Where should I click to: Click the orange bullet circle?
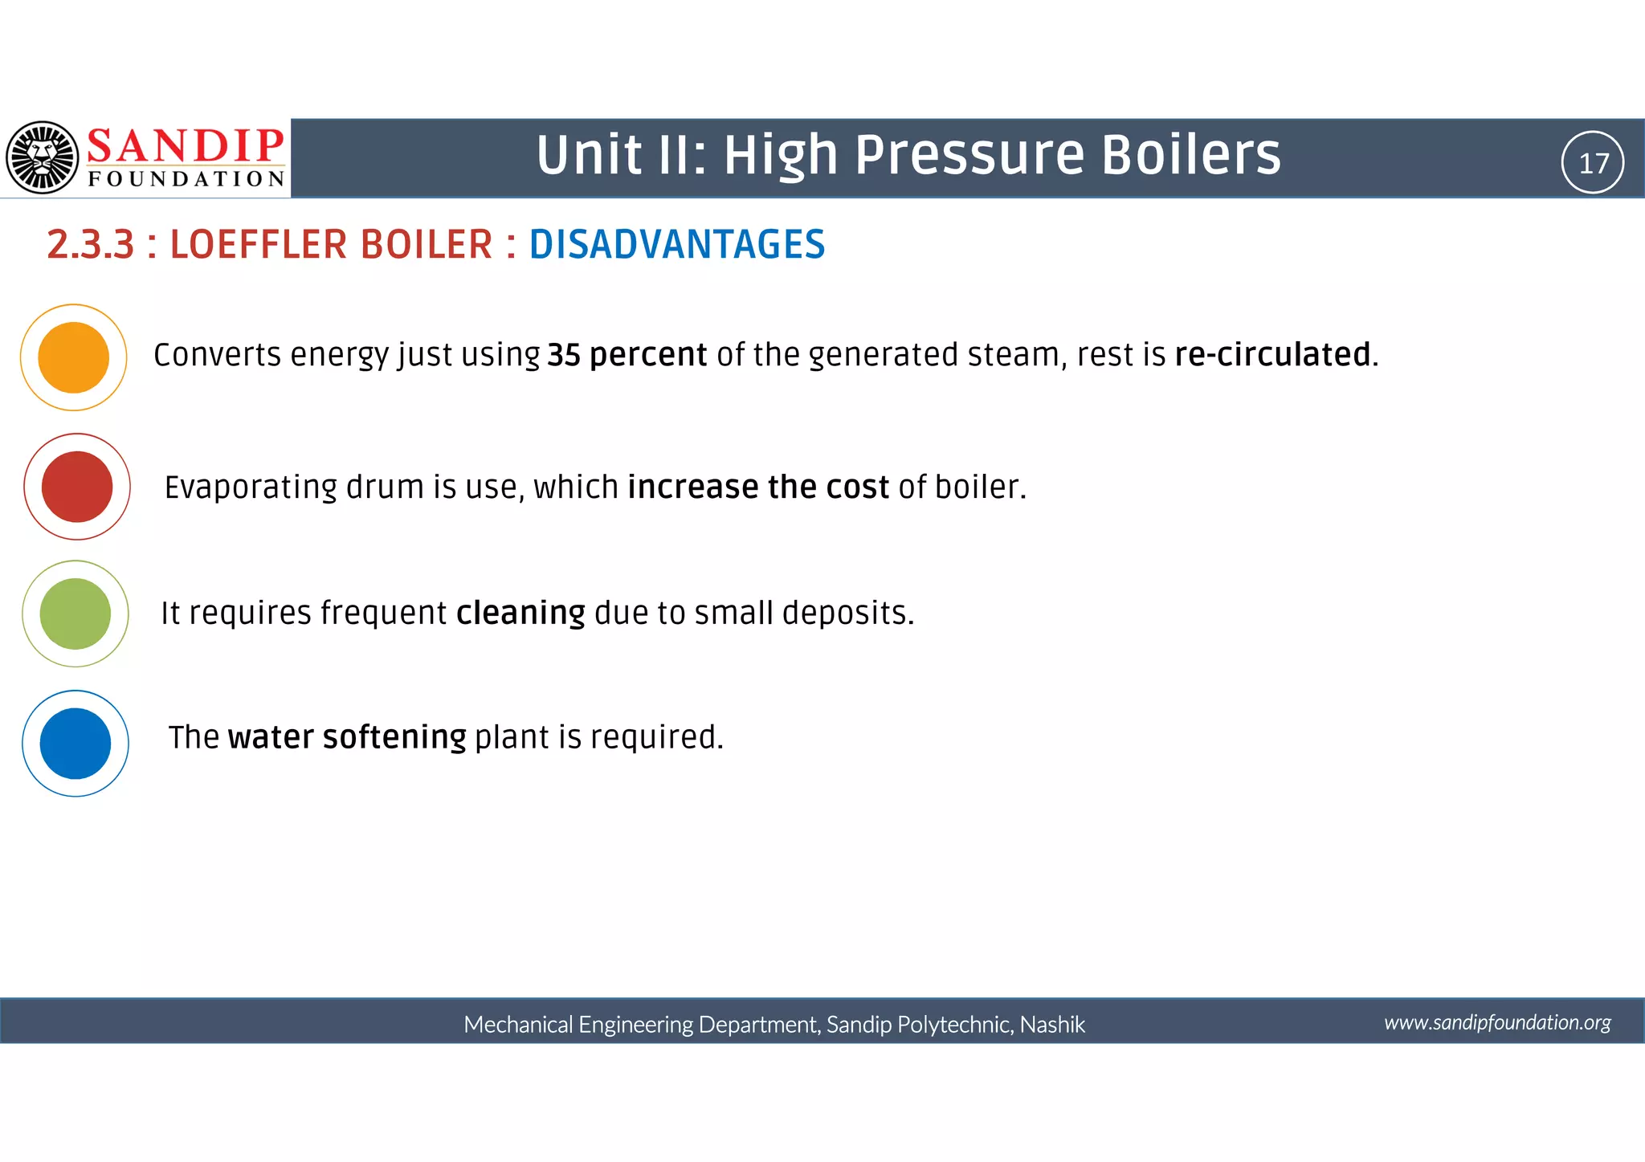73,357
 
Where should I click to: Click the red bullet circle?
76,487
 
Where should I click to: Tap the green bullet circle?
75,614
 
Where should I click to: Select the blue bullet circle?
75,744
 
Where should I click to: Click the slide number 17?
1594,163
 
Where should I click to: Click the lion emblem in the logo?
43,157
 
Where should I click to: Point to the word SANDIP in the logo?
185,146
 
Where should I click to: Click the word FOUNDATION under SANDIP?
186,178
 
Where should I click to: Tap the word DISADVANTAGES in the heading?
676,244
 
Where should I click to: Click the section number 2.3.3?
90,244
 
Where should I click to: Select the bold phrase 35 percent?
627,355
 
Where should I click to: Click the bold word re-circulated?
1273,355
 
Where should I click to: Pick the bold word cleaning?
520,613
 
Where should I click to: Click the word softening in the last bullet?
394,737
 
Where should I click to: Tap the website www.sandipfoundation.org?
1497,1022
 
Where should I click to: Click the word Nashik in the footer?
1052,1025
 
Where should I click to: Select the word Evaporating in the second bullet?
251,487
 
